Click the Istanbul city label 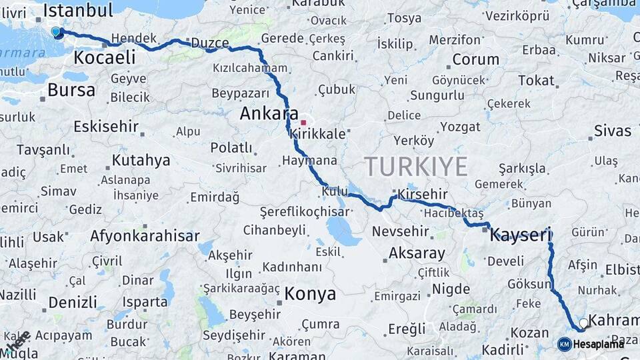point(78,10)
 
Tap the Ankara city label point(269,114)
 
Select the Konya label point(310,294)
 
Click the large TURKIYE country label point(415,167)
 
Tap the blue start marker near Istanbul point(57,32)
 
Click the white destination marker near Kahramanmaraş point(584,323)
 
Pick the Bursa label point(71,90)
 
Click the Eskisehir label point(106,126)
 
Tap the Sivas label point(612,131)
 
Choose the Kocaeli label point(104,57)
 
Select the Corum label point(475,59)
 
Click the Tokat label point(536,81)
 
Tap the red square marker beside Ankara point(303,123)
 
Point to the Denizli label point(73,303)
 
